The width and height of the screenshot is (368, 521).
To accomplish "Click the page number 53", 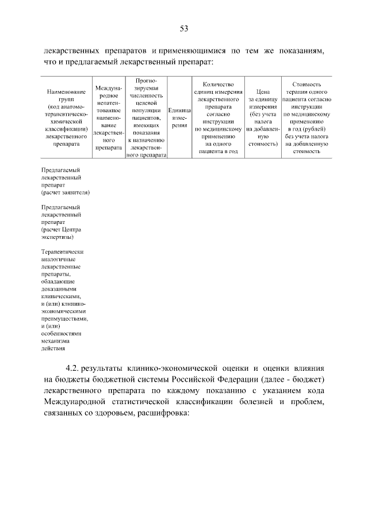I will [184, 28].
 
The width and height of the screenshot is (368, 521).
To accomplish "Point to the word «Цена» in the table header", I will [263, 91].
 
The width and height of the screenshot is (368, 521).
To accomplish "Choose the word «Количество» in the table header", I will [217, 84].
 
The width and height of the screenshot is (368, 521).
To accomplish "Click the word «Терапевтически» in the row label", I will [63, 252].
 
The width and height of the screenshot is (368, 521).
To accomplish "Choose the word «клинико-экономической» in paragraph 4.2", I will [172, 368].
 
